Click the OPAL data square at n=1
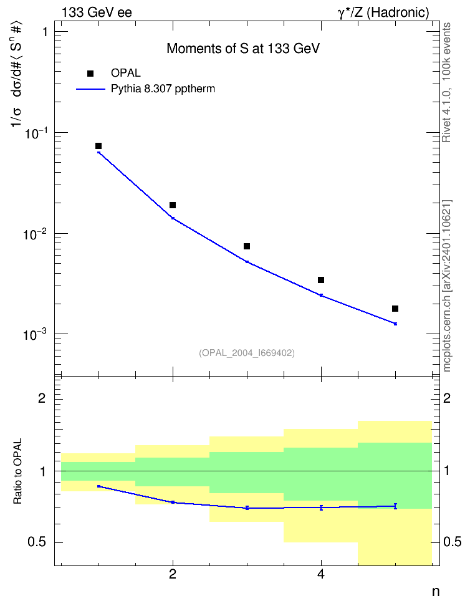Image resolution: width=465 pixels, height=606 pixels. [x=98, y=146]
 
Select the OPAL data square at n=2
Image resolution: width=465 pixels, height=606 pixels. [x=173, y=205]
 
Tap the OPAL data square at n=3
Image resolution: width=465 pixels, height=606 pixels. [x=247, y=246]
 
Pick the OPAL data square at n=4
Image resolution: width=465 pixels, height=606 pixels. [x=321, y=280]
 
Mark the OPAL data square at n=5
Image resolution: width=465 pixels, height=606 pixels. [x=395, y=309]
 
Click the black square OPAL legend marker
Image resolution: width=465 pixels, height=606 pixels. [x=90, y=74]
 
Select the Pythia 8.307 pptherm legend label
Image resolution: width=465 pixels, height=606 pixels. [x=163, y=89]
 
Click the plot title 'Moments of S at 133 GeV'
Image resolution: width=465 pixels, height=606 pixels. [x=243, y=48]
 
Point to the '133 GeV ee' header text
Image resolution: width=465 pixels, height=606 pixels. [x=97, y=12]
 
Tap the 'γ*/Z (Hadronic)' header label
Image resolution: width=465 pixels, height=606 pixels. [x=383, y=12]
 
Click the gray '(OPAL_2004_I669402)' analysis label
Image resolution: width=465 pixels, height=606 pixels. [x=247, y=353]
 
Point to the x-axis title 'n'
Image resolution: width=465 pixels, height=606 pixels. [x=436, y=591]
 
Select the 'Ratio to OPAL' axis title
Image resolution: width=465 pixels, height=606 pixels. [x=17, y=471]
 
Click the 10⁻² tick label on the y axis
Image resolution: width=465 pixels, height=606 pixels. [x=35, y=234]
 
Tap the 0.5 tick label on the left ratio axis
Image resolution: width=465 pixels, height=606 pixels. [x=37, y=542]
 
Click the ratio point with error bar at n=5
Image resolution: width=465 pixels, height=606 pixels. [x=395, y=506]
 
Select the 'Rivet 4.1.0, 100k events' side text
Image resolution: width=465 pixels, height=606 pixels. [x=446, y=82]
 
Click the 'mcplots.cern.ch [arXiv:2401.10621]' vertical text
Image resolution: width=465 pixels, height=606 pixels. [x=446, y=286]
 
